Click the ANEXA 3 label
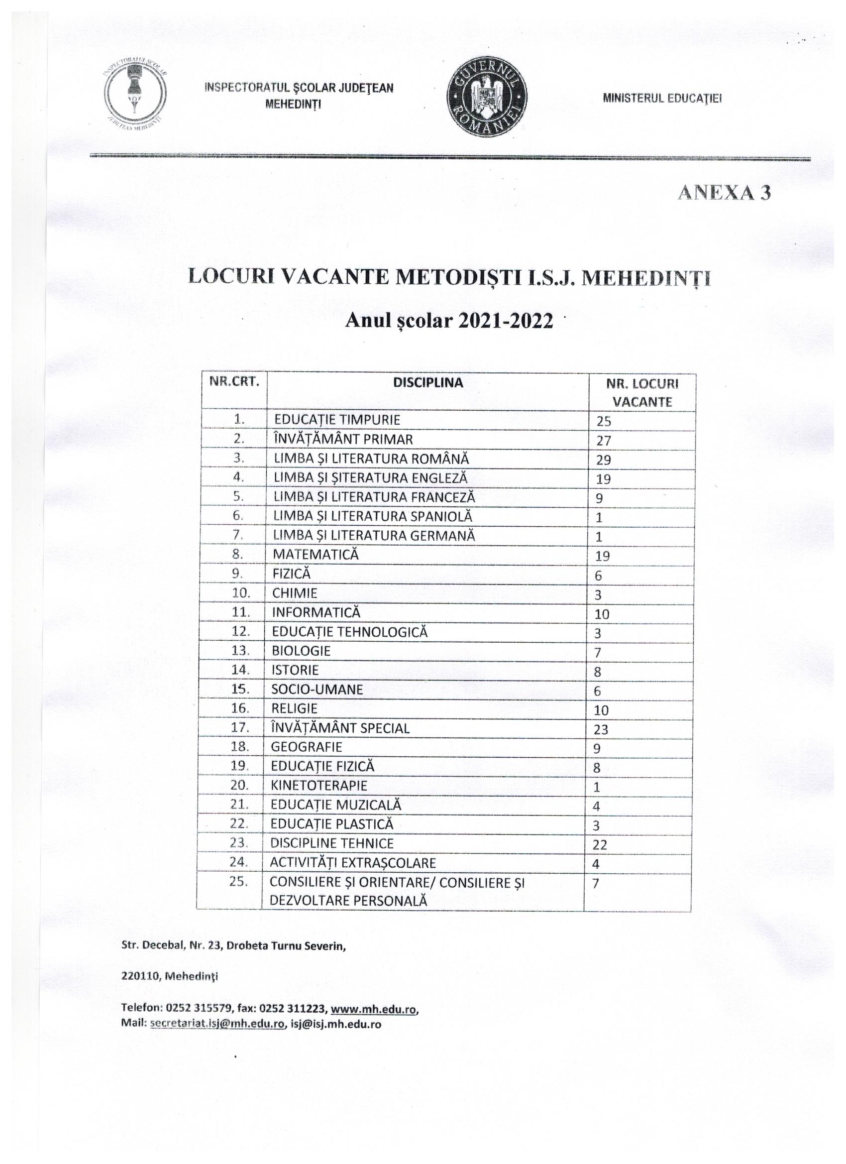(724, 193)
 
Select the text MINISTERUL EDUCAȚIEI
(662, 98)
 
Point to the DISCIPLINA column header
(428, 382)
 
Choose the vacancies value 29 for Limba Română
(603, 460)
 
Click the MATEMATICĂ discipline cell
(316, 554)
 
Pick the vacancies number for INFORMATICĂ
(602, 614)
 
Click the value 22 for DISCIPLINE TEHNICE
(600, 844)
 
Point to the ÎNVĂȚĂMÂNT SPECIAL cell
(340, 728)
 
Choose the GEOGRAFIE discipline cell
(306, 747)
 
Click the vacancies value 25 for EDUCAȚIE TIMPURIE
(603, 421)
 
